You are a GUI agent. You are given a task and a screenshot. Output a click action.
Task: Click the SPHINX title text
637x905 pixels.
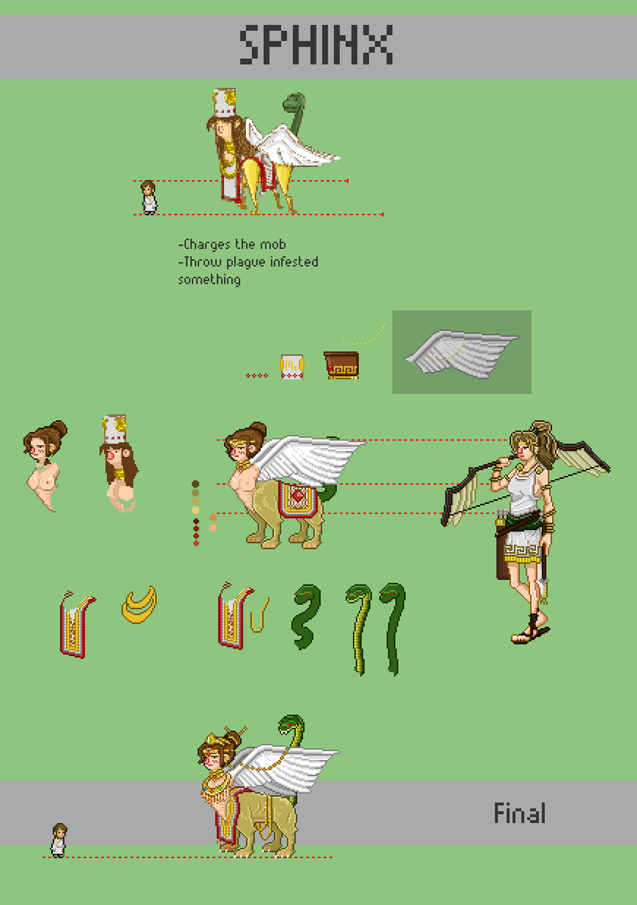click(x=317, y=44)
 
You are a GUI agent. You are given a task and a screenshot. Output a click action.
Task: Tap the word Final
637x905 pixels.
click(x=519, y=813)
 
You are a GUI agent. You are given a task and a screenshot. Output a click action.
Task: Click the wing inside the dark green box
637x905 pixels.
click(x=461, y=354)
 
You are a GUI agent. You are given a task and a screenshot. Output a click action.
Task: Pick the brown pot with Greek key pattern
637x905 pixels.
click(x=341, y=365)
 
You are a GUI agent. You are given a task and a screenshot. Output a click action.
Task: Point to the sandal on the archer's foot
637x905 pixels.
click(x=530, y=634)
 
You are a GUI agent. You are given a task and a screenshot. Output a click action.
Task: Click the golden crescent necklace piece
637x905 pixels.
click(x=139, y=605)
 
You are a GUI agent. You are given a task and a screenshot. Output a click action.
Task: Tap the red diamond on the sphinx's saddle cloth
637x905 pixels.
click(x=298, y=495)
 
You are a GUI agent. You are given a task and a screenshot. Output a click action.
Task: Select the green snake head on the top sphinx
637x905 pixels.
click(x=294, y=101)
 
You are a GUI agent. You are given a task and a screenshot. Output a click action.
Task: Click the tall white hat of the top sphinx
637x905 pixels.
click(x=225, y=103)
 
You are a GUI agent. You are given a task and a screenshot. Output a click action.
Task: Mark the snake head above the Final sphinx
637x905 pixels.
click(x=291, y=728)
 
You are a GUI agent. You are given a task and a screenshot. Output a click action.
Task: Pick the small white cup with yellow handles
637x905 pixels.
click(x=292, y=367)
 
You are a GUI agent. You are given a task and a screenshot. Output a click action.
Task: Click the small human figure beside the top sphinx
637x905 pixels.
click(x=149, y=198)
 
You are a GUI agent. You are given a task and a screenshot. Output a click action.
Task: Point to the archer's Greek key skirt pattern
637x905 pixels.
click(x=521, y=551)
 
